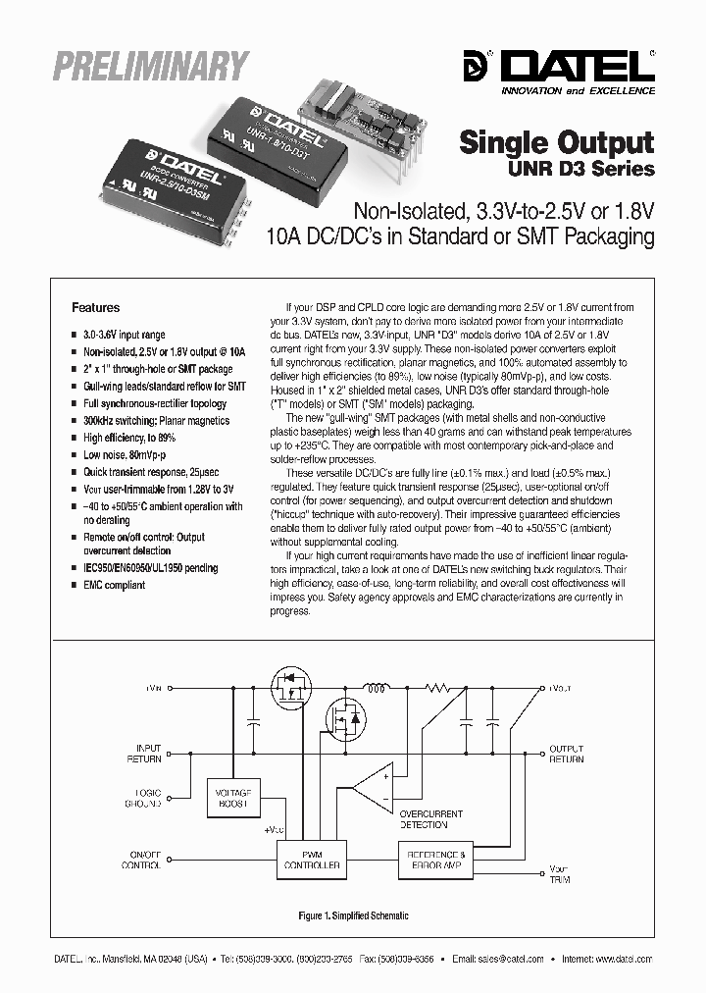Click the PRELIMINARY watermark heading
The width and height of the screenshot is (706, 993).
pyautogui.click(x=150, y=68)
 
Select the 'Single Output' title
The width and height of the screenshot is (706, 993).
pyautogui.click(x=556, y=142)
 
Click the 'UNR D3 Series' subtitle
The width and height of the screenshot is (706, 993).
pyautogui.click(x=594, y=169)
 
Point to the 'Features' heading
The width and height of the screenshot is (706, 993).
pyautogui.click(x=96, y=307)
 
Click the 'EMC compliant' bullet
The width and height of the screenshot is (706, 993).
pyautogui.click(x=114, y=585)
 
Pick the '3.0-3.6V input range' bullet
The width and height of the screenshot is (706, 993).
pyautogui.click(x=124, y=335)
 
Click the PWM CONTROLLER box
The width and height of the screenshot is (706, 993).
pyautogui.click(x=309, y=860)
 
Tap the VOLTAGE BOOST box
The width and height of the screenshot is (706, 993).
pyautogui.click(x=231, y=796)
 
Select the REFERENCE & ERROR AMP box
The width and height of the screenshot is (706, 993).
pyautogui.click(x=436, y=860)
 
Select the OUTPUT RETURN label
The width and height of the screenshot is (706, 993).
pyautogui.click(x=566, y=754)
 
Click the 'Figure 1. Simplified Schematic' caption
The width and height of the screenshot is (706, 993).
pyautogui.click(x=353, y=915)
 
